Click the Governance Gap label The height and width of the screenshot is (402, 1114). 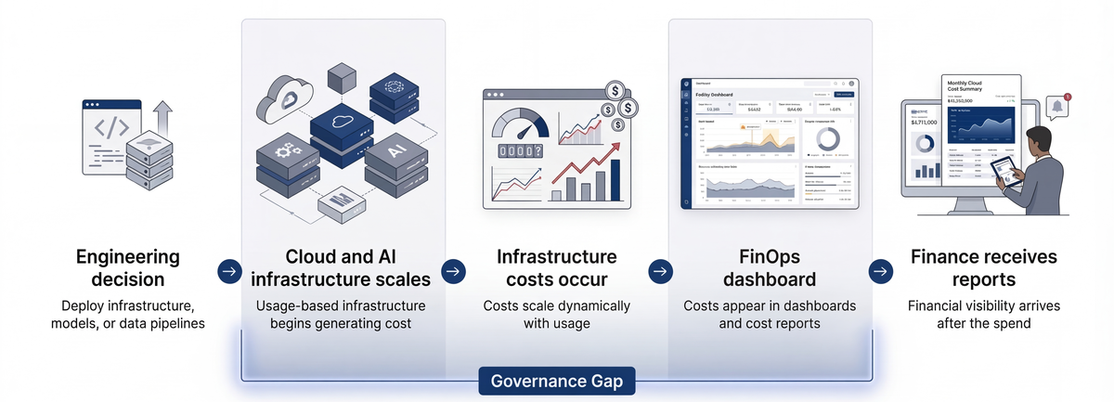point(556,381)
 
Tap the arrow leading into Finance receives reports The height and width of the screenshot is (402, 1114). point(879,271)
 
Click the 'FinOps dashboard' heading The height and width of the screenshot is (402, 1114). point(770,268)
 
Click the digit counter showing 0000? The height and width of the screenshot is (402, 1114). point(519,152)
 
